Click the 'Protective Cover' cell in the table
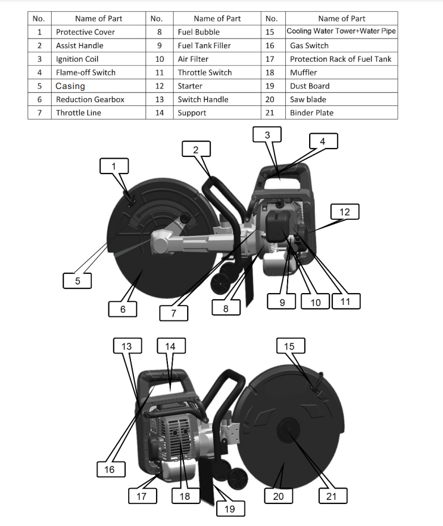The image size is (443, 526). click(x=85, y=32)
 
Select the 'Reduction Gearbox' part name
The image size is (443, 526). click(x=90, y=99)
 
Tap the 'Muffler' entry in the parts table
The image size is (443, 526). click(x=303, y=73)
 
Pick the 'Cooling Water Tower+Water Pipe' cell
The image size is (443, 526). click(x=341, y=32)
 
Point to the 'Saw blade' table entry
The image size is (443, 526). click(x=308, y=99)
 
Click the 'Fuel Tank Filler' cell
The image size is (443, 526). click(x=204, y=45)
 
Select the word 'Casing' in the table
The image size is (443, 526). click(x=70, y=86)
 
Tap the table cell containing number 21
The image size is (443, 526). click(x=270, y=113)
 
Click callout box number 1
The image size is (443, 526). click(x=113, y=166)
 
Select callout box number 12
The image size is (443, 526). click(x=345, y=212)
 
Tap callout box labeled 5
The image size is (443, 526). click(x=78, y=281)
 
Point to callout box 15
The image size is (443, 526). click(x=290, y=346)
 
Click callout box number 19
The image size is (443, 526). click(x=230, y=508)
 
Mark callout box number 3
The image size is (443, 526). click(x=268, y=135)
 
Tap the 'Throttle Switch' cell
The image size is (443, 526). click(x=204, y=73)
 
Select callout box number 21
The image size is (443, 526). click(x=332, y=496)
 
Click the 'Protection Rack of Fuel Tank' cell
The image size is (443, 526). click(x=340, y=59)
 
